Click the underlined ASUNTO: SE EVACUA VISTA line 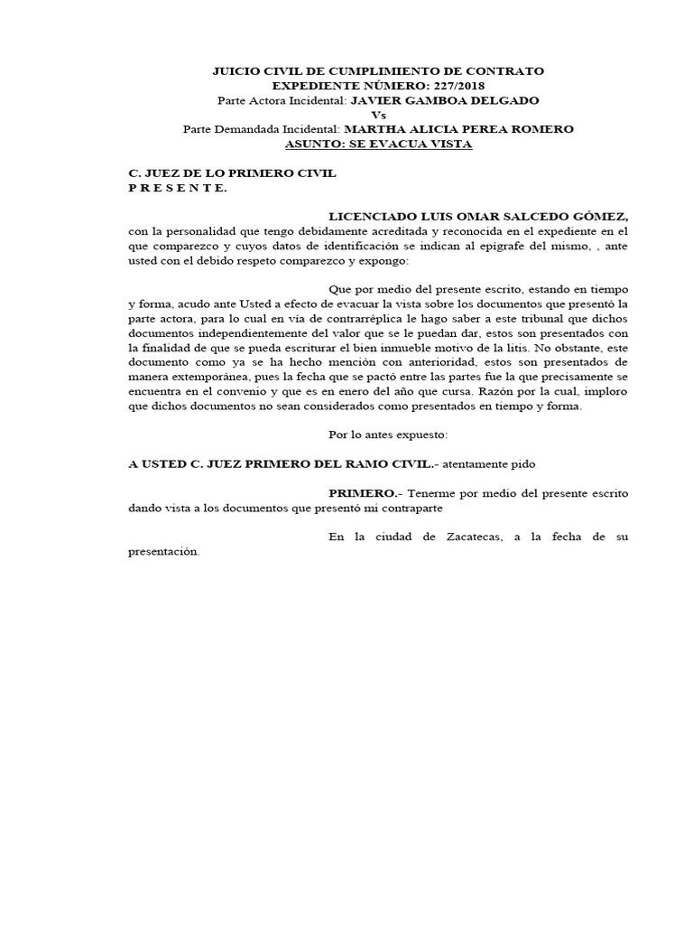(378, 144)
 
